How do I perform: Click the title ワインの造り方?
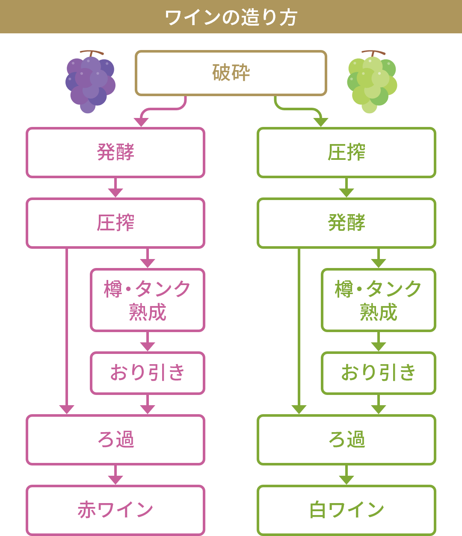[231, 17]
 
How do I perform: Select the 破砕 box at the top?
[231, 73]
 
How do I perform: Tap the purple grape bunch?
[90, 81]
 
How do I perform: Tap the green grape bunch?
[372, 81]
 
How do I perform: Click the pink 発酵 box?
[115, 152]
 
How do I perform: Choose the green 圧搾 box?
[346, 152]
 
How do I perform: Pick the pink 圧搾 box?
[115, 223]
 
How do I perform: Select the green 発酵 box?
[346, 223]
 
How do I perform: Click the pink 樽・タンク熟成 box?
[148, 300]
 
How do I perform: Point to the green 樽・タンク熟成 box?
[379, 300]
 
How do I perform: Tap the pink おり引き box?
[148, 373]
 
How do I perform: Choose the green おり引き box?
[379, 373]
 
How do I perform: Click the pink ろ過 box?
[115, 439]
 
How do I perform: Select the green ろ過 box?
[346, 439]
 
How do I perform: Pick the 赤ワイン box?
[115, 510]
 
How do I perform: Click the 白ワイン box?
[346, 510]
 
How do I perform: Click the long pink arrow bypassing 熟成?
[67, 329]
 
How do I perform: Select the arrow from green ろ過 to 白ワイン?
[346, 475]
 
